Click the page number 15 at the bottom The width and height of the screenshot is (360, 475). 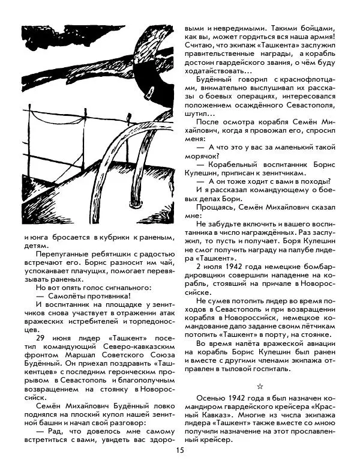[x=179, y=451]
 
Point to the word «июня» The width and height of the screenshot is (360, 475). [x=62, y=337]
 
